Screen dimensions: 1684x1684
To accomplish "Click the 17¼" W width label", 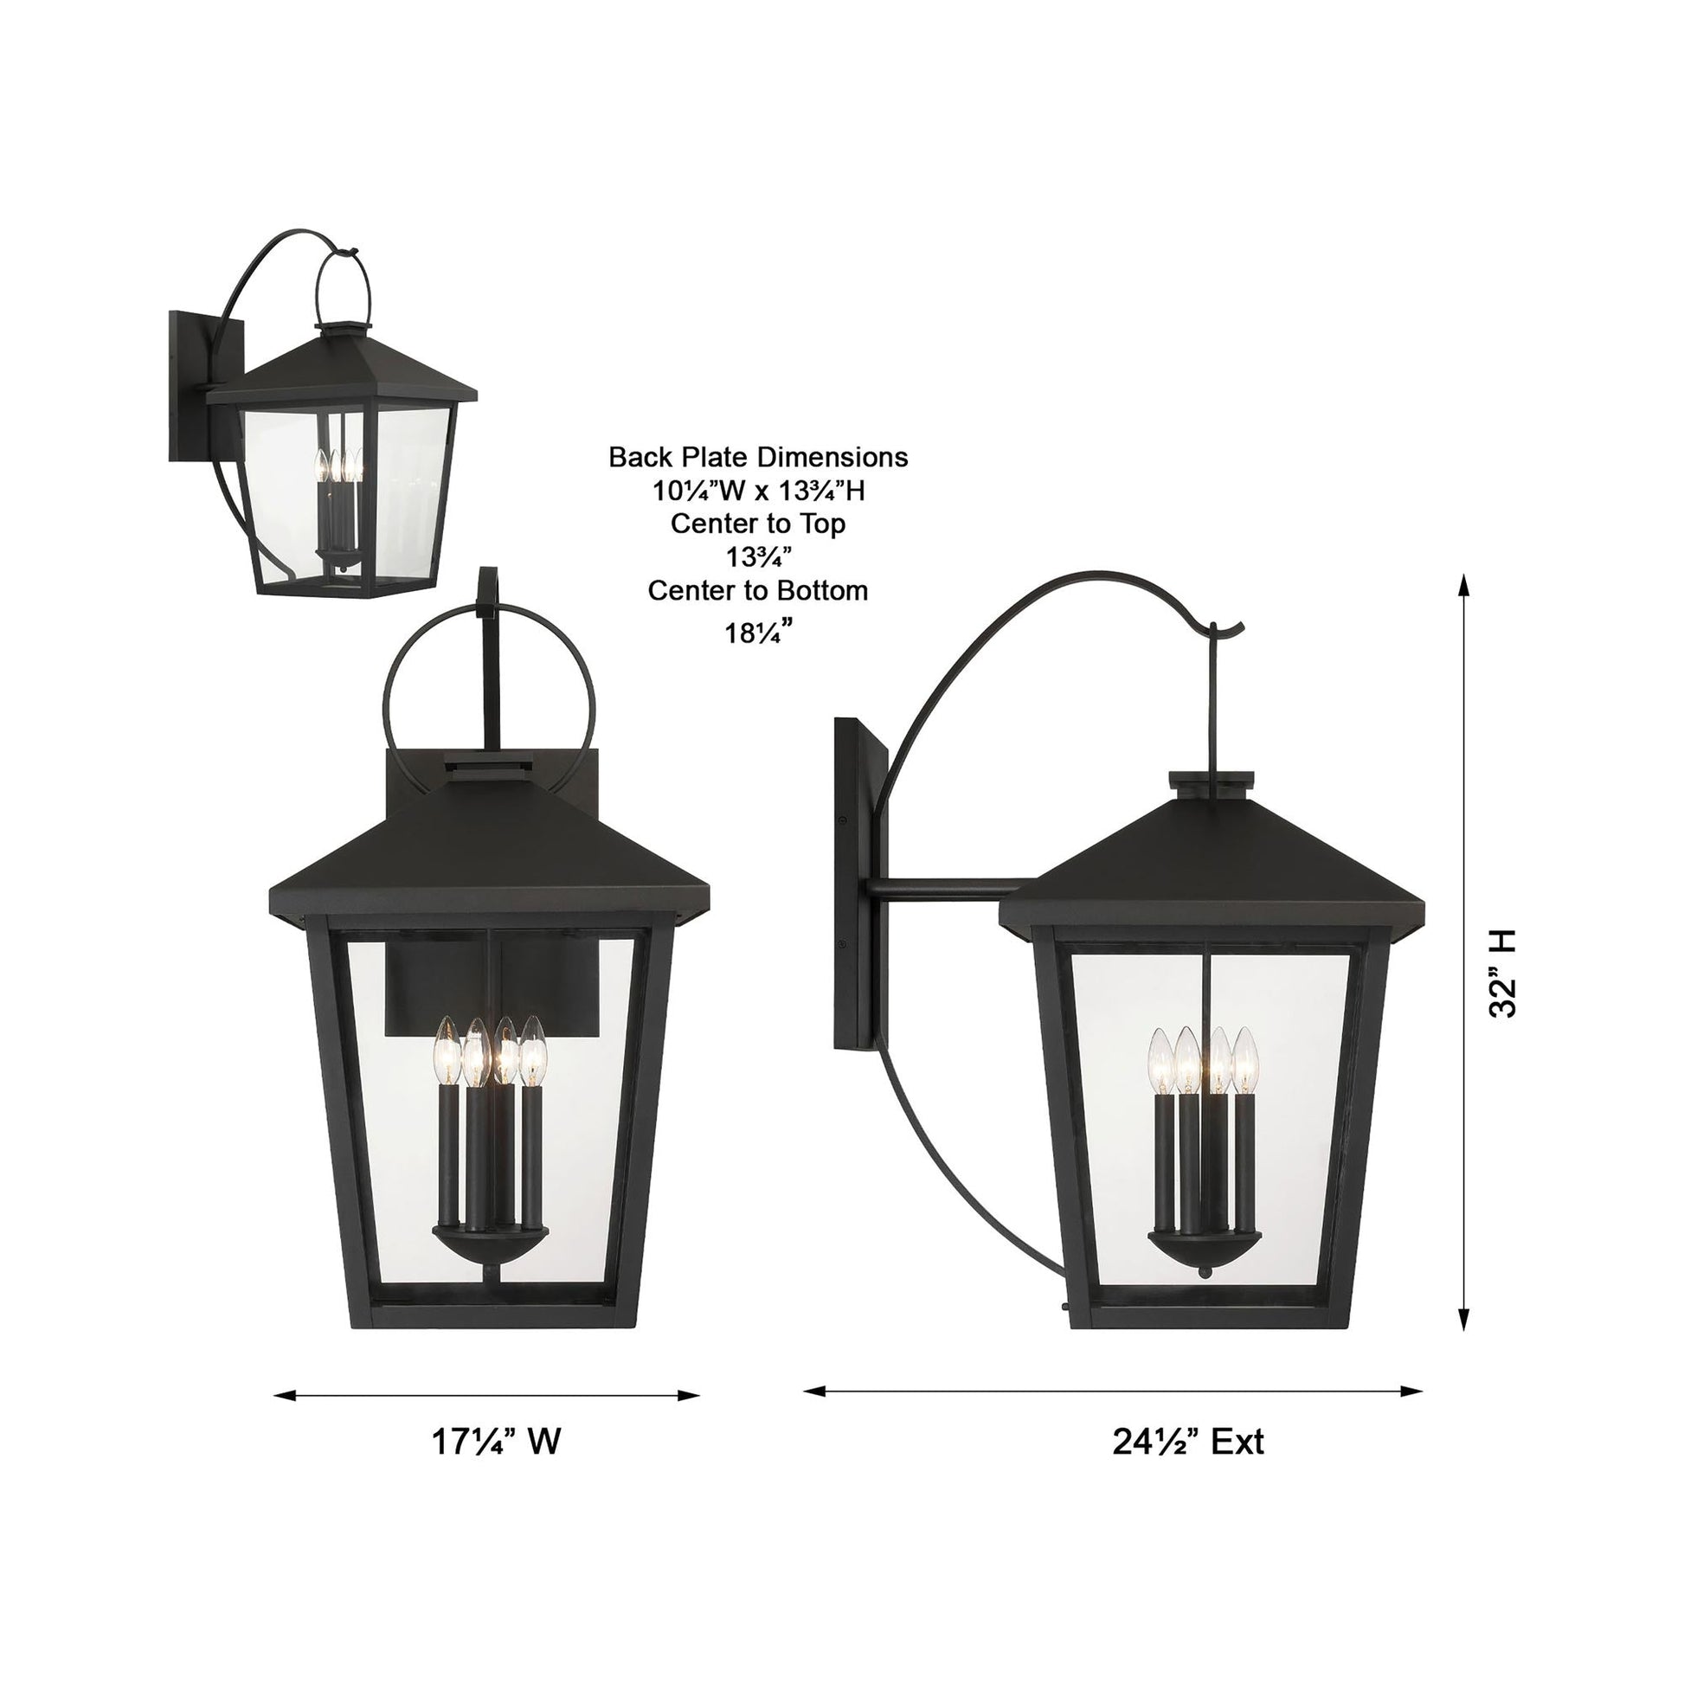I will click(x=496, y=1442).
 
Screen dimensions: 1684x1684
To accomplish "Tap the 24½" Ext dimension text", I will click(x=1187, y=1442).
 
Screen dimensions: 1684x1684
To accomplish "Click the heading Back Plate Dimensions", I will click(x=757, y=458).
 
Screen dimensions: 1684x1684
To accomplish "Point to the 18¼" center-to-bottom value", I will click(x=757, y=631).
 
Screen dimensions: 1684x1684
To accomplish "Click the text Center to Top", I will click(x=757, y=524).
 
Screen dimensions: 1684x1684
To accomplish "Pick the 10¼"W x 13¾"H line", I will click(x=757, y=492).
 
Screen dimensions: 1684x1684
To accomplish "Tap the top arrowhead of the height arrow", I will click(x=1465, y=585).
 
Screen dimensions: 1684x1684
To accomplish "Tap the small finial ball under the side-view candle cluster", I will click(x=1205, y=1274).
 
